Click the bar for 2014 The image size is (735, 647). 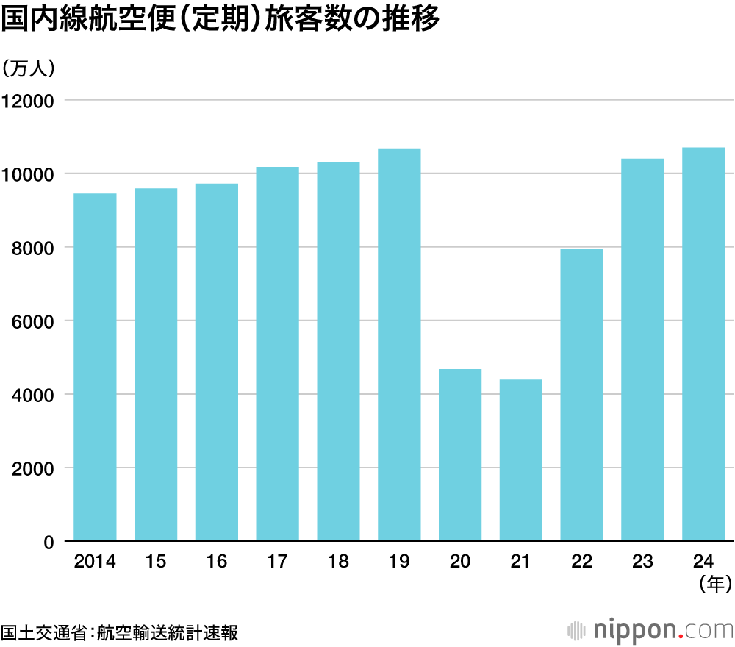tap(95, 368)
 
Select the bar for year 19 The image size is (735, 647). tap(399, 346)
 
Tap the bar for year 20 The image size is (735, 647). tap(460, 456)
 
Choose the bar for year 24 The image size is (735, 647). tap(703, 345)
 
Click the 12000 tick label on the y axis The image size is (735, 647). tap(29, 101)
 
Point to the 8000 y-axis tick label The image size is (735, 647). tap(33, 248)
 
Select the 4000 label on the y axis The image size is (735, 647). tap(33, 395)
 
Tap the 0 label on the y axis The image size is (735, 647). tap(49, 543)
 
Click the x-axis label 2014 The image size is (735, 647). tap(95, 562)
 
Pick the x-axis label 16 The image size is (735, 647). tap(217, 562)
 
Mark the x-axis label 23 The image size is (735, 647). tap(642, 562)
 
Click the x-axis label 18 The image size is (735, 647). tap(338, 562)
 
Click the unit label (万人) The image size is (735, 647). tap(29, 68)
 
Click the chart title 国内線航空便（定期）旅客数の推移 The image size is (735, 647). tap(220, 21)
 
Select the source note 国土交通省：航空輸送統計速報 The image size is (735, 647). tap(119, 632)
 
